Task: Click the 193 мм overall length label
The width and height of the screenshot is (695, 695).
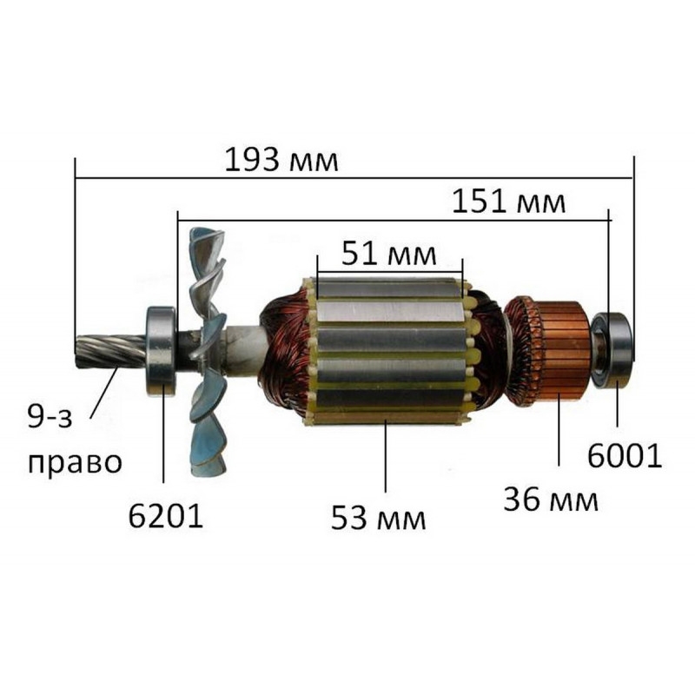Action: pos(281,161)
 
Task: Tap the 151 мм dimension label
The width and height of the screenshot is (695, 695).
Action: pos(508,202)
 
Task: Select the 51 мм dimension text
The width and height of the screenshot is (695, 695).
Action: pos(388,254)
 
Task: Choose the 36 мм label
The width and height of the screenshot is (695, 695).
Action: pos(551,500)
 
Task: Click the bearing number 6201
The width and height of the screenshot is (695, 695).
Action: pos(165,516)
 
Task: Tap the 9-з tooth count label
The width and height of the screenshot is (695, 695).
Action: pos(50,417)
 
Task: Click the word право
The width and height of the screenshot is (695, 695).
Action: pos(75,464)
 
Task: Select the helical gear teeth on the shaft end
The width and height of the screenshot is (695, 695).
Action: pos(111,350)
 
